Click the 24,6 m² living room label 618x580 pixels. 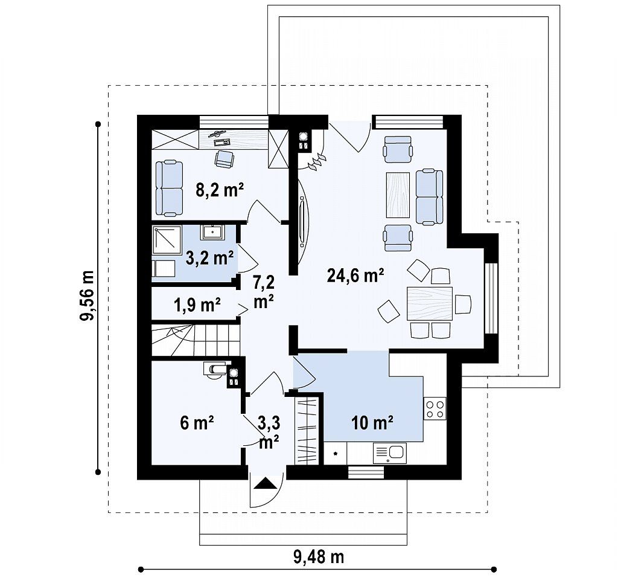(x=355, y=275)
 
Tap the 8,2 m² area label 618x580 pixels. (x=220, y=190)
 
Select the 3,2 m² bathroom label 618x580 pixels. (x=209, y=258)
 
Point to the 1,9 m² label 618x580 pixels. (x=197, y=304)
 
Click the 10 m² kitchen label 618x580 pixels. (x=372, y=423)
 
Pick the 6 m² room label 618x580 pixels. (x=197, y=423)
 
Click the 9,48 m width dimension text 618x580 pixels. (x=319, y=556)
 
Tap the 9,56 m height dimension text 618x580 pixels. (x=87, y=295)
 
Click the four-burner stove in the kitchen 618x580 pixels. (x=435, y=408)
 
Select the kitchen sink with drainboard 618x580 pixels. (x=389, y=453)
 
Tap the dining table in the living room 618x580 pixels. (x=430, y=303)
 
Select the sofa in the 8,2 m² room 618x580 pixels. (x=170, y=188)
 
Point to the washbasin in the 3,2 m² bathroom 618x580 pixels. (x=213, y=232)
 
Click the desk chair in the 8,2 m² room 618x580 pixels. (x=225, y=159)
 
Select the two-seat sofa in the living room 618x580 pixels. (x=430, y=197)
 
